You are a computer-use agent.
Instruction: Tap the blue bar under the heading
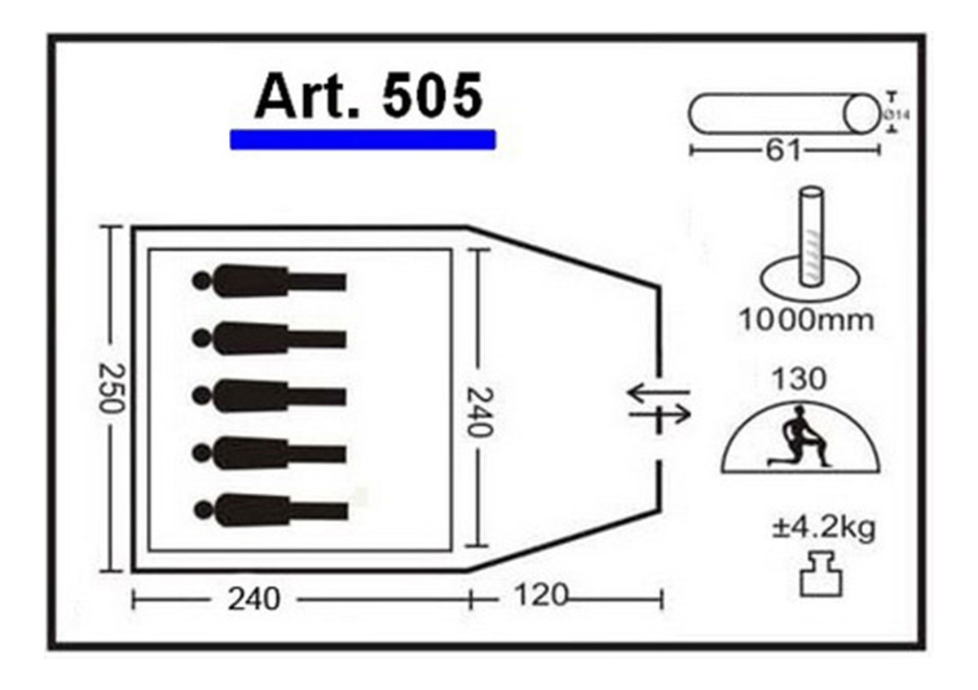point(363,139)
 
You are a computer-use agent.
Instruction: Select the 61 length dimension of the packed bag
point(784,151)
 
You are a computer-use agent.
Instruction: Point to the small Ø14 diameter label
point(897,115)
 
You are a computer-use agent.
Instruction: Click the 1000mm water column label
point(806,321)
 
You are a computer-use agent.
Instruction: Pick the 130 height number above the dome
point(800,379)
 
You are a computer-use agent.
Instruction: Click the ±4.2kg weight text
point(823,529)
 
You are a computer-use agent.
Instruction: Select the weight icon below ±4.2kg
point(821,574)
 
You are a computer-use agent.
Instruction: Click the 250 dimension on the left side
point(111,388)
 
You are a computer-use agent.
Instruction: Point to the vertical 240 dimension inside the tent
point(480,412)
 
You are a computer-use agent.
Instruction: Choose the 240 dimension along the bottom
point(253,600)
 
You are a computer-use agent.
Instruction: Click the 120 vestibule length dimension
point(541,595)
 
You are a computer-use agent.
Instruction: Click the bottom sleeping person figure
point(271,510)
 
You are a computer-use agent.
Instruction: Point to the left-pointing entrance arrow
point(659,393)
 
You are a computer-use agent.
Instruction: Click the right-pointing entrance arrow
point(659,414)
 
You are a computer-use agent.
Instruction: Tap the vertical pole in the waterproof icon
point(812,236)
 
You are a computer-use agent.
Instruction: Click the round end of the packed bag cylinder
point(861,113)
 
